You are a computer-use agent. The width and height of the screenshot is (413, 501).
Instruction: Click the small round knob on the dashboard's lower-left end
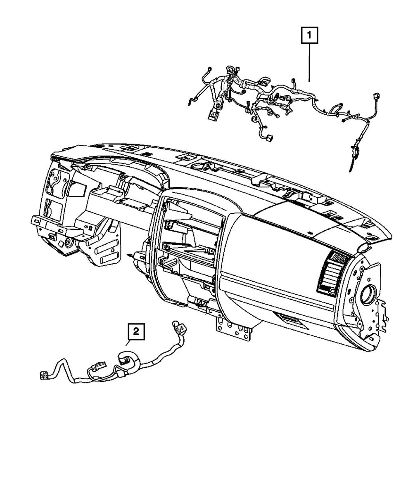67,243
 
